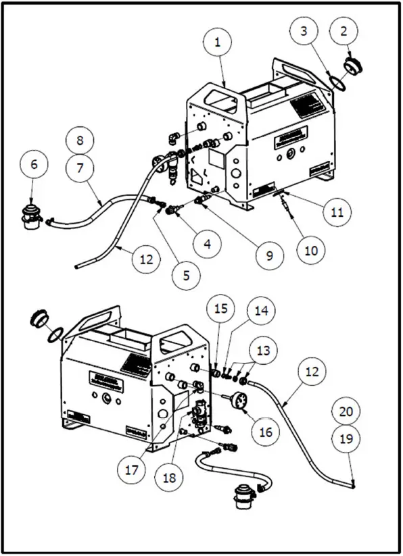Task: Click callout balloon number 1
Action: [217, 42]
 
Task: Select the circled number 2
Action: [344, 32]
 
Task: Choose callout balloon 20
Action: [346, 411]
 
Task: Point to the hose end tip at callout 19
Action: [354, 482]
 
